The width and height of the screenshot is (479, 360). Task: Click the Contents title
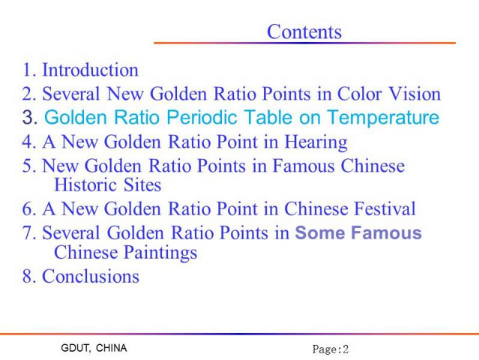click(x=304, y=31)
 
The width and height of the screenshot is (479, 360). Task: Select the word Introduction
click(x=90, y=70)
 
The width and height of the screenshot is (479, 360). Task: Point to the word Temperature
click(x=383, y=118)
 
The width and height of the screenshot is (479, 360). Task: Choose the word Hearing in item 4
click(x=316, y=142)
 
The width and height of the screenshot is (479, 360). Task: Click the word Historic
click(x=85, y=184)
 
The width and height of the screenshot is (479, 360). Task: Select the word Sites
click(x=142, y=184)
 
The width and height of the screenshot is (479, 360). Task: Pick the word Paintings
click(x=160, y=253)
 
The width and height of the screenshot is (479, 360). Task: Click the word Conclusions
click(x=91, y=276)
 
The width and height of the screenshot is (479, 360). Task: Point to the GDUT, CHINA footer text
click(x=94, y=348)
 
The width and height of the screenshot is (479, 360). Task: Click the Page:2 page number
click(x=331, y=349)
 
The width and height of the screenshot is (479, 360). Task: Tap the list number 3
click(x=30, y=117)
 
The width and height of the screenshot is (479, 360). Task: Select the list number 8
click(x=29, y=276)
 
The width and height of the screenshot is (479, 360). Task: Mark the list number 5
click(x=29, y=166)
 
